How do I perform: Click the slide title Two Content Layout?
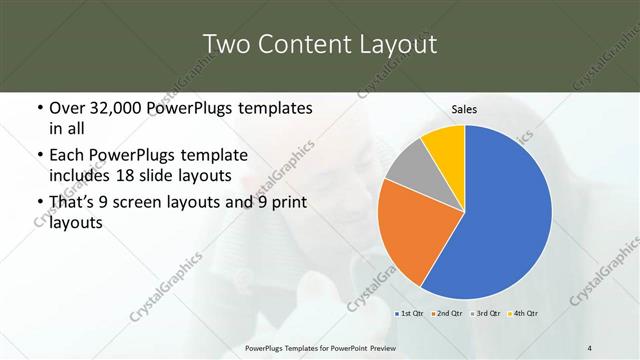pos(319,44)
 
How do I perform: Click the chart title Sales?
pos(464,109)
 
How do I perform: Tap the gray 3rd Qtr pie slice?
pos(409,167)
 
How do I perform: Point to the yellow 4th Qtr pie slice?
pos(444,146)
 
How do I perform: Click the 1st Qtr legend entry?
pos(409,314)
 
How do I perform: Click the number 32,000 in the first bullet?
pos(116,108)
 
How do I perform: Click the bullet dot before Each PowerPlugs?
pos(39,157)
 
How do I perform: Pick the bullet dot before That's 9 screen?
pos(39,204)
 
